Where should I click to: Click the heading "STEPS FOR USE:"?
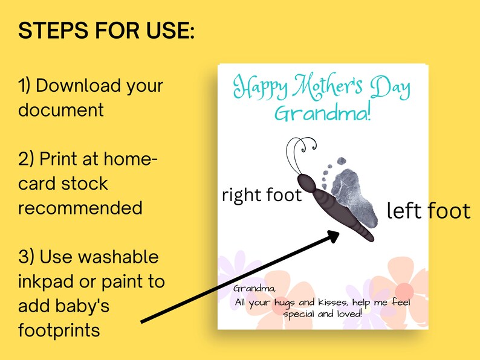(106, 31)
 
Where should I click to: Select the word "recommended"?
(80, 208)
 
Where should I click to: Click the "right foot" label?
(262, 195)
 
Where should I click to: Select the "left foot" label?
(428, 211)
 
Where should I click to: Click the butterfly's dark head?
(306, 182)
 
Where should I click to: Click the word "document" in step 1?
(61, 111)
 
